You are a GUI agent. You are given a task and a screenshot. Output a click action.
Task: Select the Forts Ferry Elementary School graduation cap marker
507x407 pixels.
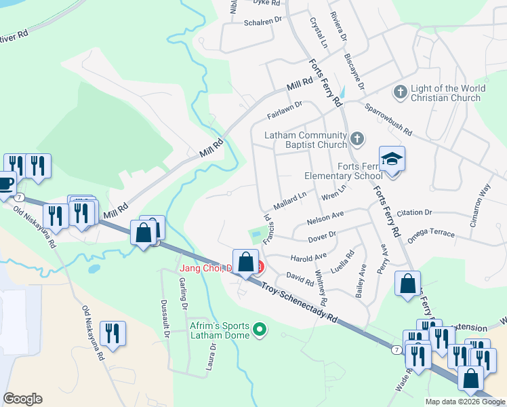(392, 159)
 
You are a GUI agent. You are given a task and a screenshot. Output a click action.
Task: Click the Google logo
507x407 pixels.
(23, 399)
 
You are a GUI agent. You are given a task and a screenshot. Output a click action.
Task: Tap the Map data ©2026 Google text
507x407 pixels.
(465, 402)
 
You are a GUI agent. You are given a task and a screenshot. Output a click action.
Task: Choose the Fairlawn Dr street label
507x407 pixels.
(284, 109)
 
